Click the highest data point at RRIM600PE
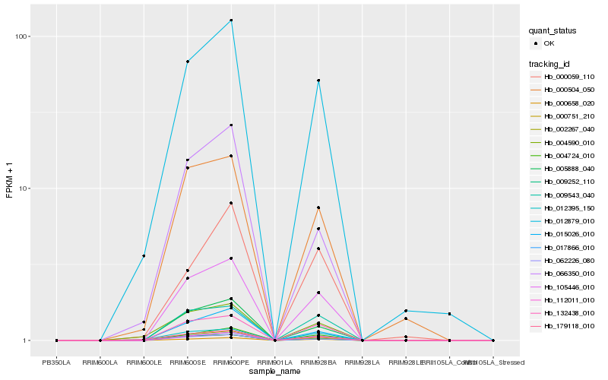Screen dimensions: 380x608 tap(231, 21)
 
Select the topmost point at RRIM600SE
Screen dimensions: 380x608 tap(188, 62)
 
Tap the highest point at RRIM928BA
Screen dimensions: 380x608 tap(318, 81)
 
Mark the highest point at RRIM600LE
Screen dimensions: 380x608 tap(144, 255)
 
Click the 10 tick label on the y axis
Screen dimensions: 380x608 tap(23, 188)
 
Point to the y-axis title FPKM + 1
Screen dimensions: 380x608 tap(9, 180)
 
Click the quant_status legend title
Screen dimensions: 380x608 tap(553, 31)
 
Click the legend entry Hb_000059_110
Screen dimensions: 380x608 tap(568, 77)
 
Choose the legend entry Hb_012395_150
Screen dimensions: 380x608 tap(568, 207)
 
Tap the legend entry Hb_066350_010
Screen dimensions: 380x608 tap(568, 273)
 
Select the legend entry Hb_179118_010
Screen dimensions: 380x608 tap(568, 325)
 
